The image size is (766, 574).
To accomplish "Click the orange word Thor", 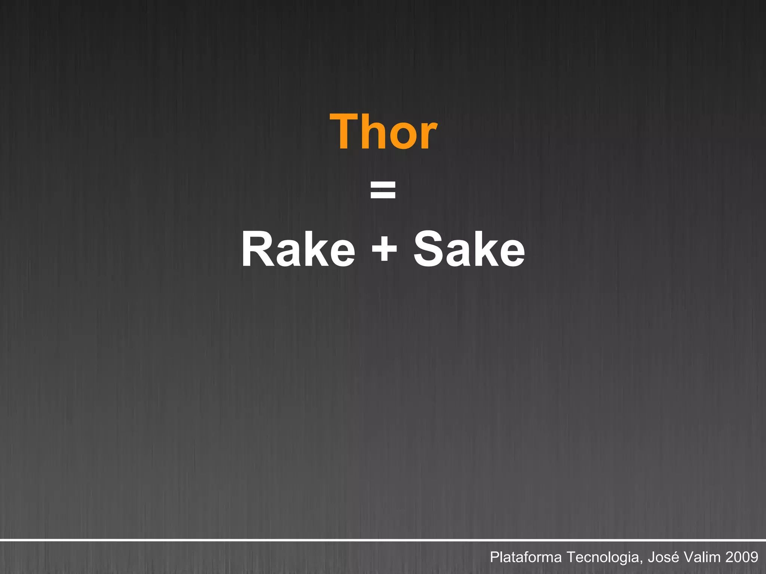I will coord(383,132).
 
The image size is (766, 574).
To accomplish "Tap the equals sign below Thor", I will coord(383,190).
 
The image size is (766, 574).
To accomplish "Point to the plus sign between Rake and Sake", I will coord(384,250).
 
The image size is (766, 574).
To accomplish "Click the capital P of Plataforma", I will coord(494,557).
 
